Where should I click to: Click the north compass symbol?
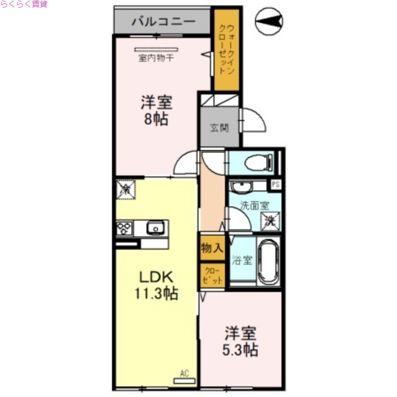(x=269, y=21)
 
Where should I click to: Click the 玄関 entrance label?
(x=219, y=128)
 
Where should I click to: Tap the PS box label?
(x=275, y=185)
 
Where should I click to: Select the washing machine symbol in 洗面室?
(x=270, y=219)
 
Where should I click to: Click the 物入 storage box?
(x=212, y=248)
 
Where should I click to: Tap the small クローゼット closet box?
(x=212, y=276)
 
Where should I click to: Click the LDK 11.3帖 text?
(x=156, y=285)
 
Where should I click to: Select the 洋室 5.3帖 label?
(x=240, y=341)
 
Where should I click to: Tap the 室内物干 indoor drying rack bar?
(x=156, y=50)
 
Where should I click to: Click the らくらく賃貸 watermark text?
(x=24, y=4)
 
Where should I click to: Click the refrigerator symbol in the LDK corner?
(x=127, y=189)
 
